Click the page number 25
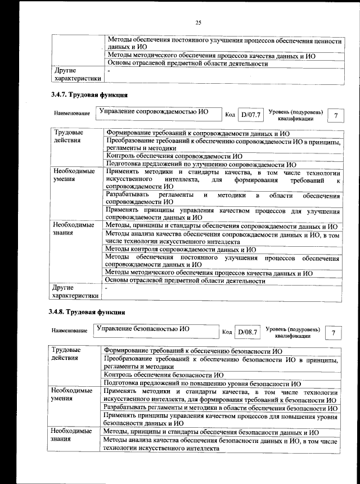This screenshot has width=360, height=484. tap(198, 22)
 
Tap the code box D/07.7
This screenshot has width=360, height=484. tap(250, 115)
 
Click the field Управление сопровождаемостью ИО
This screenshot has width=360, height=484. tap(153, 112)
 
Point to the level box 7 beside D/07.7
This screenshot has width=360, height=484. tap(336, 115)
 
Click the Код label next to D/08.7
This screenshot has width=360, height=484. tap(227, 332)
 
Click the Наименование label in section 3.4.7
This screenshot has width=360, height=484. tap(71, 114)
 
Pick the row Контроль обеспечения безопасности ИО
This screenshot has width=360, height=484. tap(164, 374)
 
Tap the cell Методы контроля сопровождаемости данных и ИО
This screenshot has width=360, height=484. tap(181, 249)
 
